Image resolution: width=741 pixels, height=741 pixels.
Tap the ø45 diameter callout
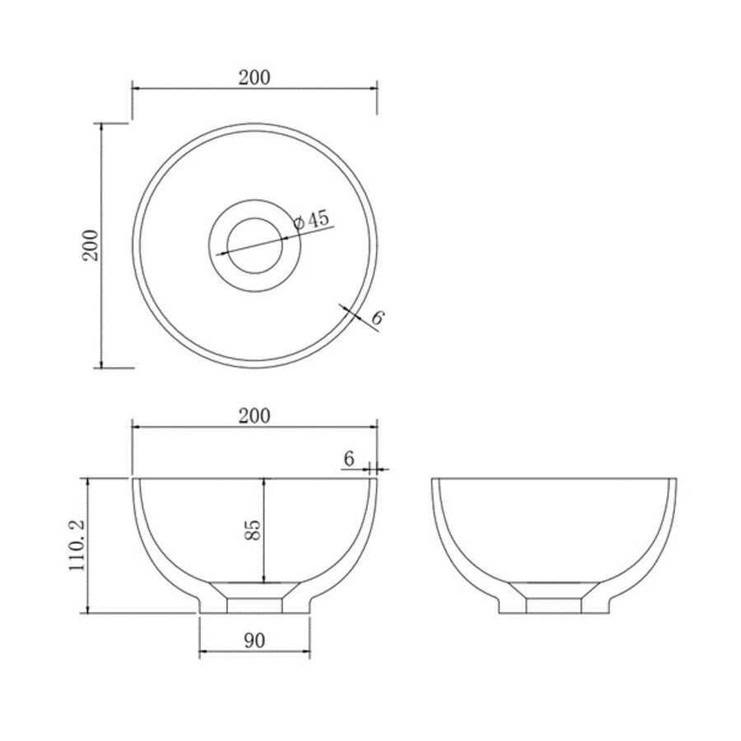[x=312, y=219]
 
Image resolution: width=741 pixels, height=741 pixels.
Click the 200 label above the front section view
[x=254, y=417]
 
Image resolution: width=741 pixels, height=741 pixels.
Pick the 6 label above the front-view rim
[x=348, y=459]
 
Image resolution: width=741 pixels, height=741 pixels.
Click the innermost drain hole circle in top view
[x=254, y=245]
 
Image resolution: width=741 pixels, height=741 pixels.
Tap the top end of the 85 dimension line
[x=263, y=478]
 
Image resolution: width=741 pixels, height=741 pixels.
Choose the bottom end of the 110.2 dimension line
[x=89, y=613]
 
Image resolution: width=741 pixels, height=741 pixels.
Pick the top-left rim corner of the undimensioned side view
[x=432, y=478]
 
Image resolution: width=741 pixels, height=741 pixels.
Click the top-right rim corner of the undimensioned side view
[x=676, y=478]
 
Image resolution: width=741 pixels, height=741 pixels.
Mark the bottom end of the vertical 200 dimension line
[x=101, y=367]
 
